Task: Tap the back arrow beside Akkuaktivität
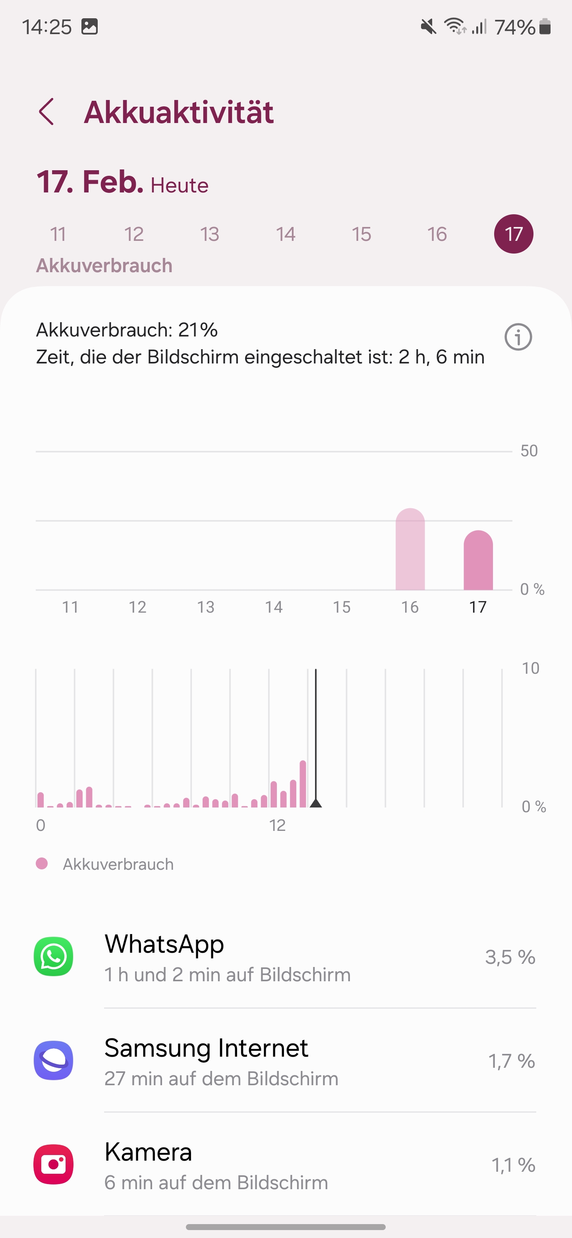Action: click(46, 112)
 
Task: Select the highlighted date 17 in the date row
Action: click(513, 234)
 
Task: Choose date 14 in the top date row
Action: click(285, 234)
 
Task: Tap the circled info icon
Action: click(518, 337)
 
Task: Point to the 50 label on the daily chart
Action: click(529, 451)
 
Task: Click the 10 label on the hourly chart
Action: click(530, 668)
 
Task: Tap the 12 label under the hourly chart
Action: click(277, 825)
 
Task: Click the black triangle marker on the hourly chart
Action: click(315, 803)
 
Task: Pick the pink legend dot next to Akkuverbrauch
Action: click(42, 863)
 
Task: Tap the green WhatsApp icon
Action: click(53, 956)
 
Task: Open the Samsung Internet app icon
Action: click(53, 1060)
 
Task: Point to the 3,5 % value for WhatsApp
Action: click(510, 957)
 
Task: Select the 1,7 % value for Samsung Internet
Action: click(511, 1061)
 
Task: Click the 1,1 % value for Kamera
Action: click(513, 1165)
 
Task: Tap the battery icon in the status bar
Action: click(545, 27)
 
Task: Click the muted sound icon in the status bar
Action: click(428, 27)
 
